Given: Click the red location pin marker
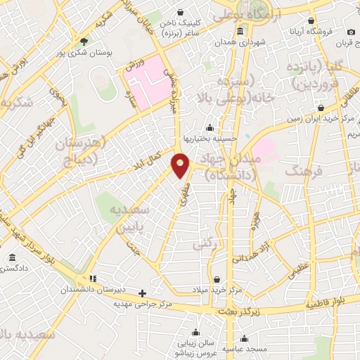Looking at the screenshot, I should tap(181, 165).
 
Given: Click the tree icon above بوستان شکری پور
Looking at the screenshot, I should tap(84, 41).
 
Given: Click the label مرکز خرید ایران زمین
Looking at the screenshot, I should tap(317, 119).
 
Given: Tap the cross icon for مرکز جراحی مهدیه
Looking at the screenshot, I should tap(143, 293).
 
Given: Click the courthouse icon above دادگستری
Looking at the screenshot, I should tap(13, 258).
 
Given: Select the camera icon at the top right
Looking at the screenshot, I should tap(351, 32).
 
